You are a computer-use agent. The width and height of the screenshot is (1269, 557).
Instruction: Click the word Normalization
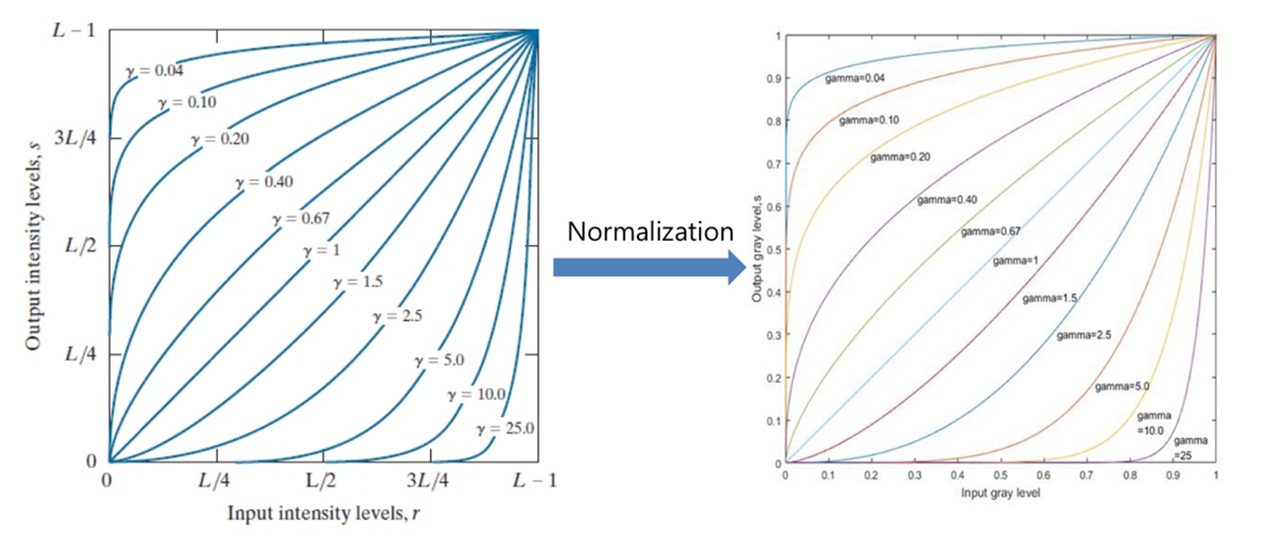650,231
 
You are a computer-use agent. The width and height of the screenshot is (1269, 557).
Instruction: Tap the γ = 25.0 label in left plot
506,428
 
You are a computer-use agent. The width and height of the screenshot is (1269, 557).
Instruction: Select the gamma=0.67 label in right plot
990,231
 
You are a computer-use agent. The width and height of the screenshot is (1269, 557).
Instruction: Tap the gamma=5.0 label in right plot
1122,387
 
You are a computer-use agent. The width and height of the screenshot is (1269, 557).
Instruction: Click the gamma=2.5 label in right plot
1083,334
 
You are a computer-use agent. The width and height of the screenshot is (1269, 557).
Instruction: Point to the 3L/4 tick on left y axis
79,137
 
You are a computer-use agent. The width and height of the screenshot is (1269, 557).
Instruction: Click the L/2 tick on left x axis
323,482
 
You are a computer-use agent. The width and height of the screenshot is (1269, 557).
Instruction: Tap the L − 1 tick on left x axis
534,482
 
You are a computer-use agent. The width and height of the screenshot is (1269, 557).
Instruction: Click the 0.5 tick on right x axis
1000,477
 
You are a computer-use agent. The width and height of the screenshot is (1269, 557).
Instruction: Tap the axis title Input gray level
1000,492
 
